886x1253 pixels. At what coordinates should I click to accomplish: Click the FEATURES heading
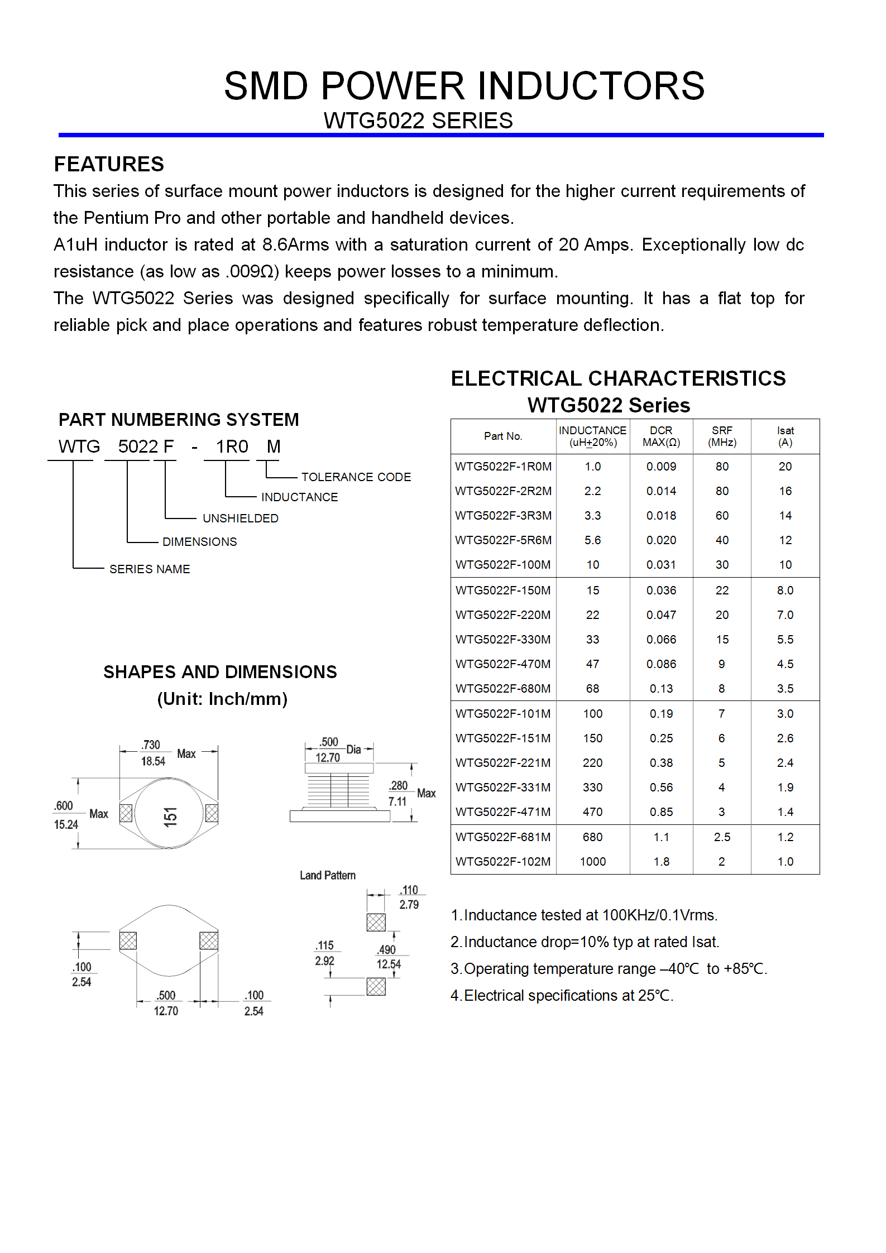(x=109, y=164)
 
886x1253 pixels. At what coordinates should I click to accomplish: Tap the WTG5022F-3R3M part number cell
(x=503, y=516)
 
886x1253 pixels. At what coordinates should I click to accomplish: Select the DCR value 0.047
(x=661, y=615)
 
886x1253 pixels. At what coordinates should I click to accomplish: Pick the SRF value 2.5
(x=722, y=837)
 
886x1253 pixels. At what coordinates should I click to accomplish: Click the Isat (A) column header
(x=785, y=436)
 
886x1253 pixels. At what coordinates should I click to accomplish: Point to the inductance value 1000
(x=592, y=862)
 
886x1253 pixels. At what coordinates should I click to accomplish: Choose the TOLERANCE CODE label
(x=356, y=477)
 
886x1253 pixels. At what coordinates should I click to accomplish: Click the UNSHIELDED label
(x=240, y=519)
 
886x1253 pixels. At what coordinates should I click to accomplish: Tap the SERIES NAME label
(x=150, y=569)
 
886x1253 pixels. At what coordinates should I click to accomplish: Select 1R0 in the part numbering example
(x=232, y=447)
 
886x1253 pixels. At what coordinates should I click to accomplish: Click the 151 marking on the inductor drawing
(x=170, y=817)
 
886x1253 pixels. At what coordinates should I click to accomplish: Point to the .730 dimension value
(x=151, y=745)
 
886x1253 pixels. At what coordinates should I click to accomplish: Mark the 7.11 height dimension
(x=397, y=802)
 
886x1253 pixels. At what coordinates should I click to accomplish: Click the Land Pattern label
(x=327, y=875)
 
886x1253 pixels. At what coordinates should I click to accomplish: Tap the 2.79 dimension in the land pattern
(x=409, y=905)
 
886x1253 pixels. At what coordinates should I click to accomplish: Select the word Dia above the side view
(x=353, y=749)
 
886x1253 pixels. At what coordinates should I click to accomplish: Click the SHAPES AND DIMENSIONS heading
(x=220, y=672)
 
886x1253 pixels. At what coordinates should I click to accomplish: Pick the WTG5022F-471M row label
(x=503, y=812)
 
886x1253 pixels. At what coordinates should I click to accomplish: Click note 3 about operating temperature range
(x=609, y=969)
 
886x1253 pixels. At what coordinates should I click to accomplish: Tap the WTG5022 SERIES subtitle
(x=418, y=121)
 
